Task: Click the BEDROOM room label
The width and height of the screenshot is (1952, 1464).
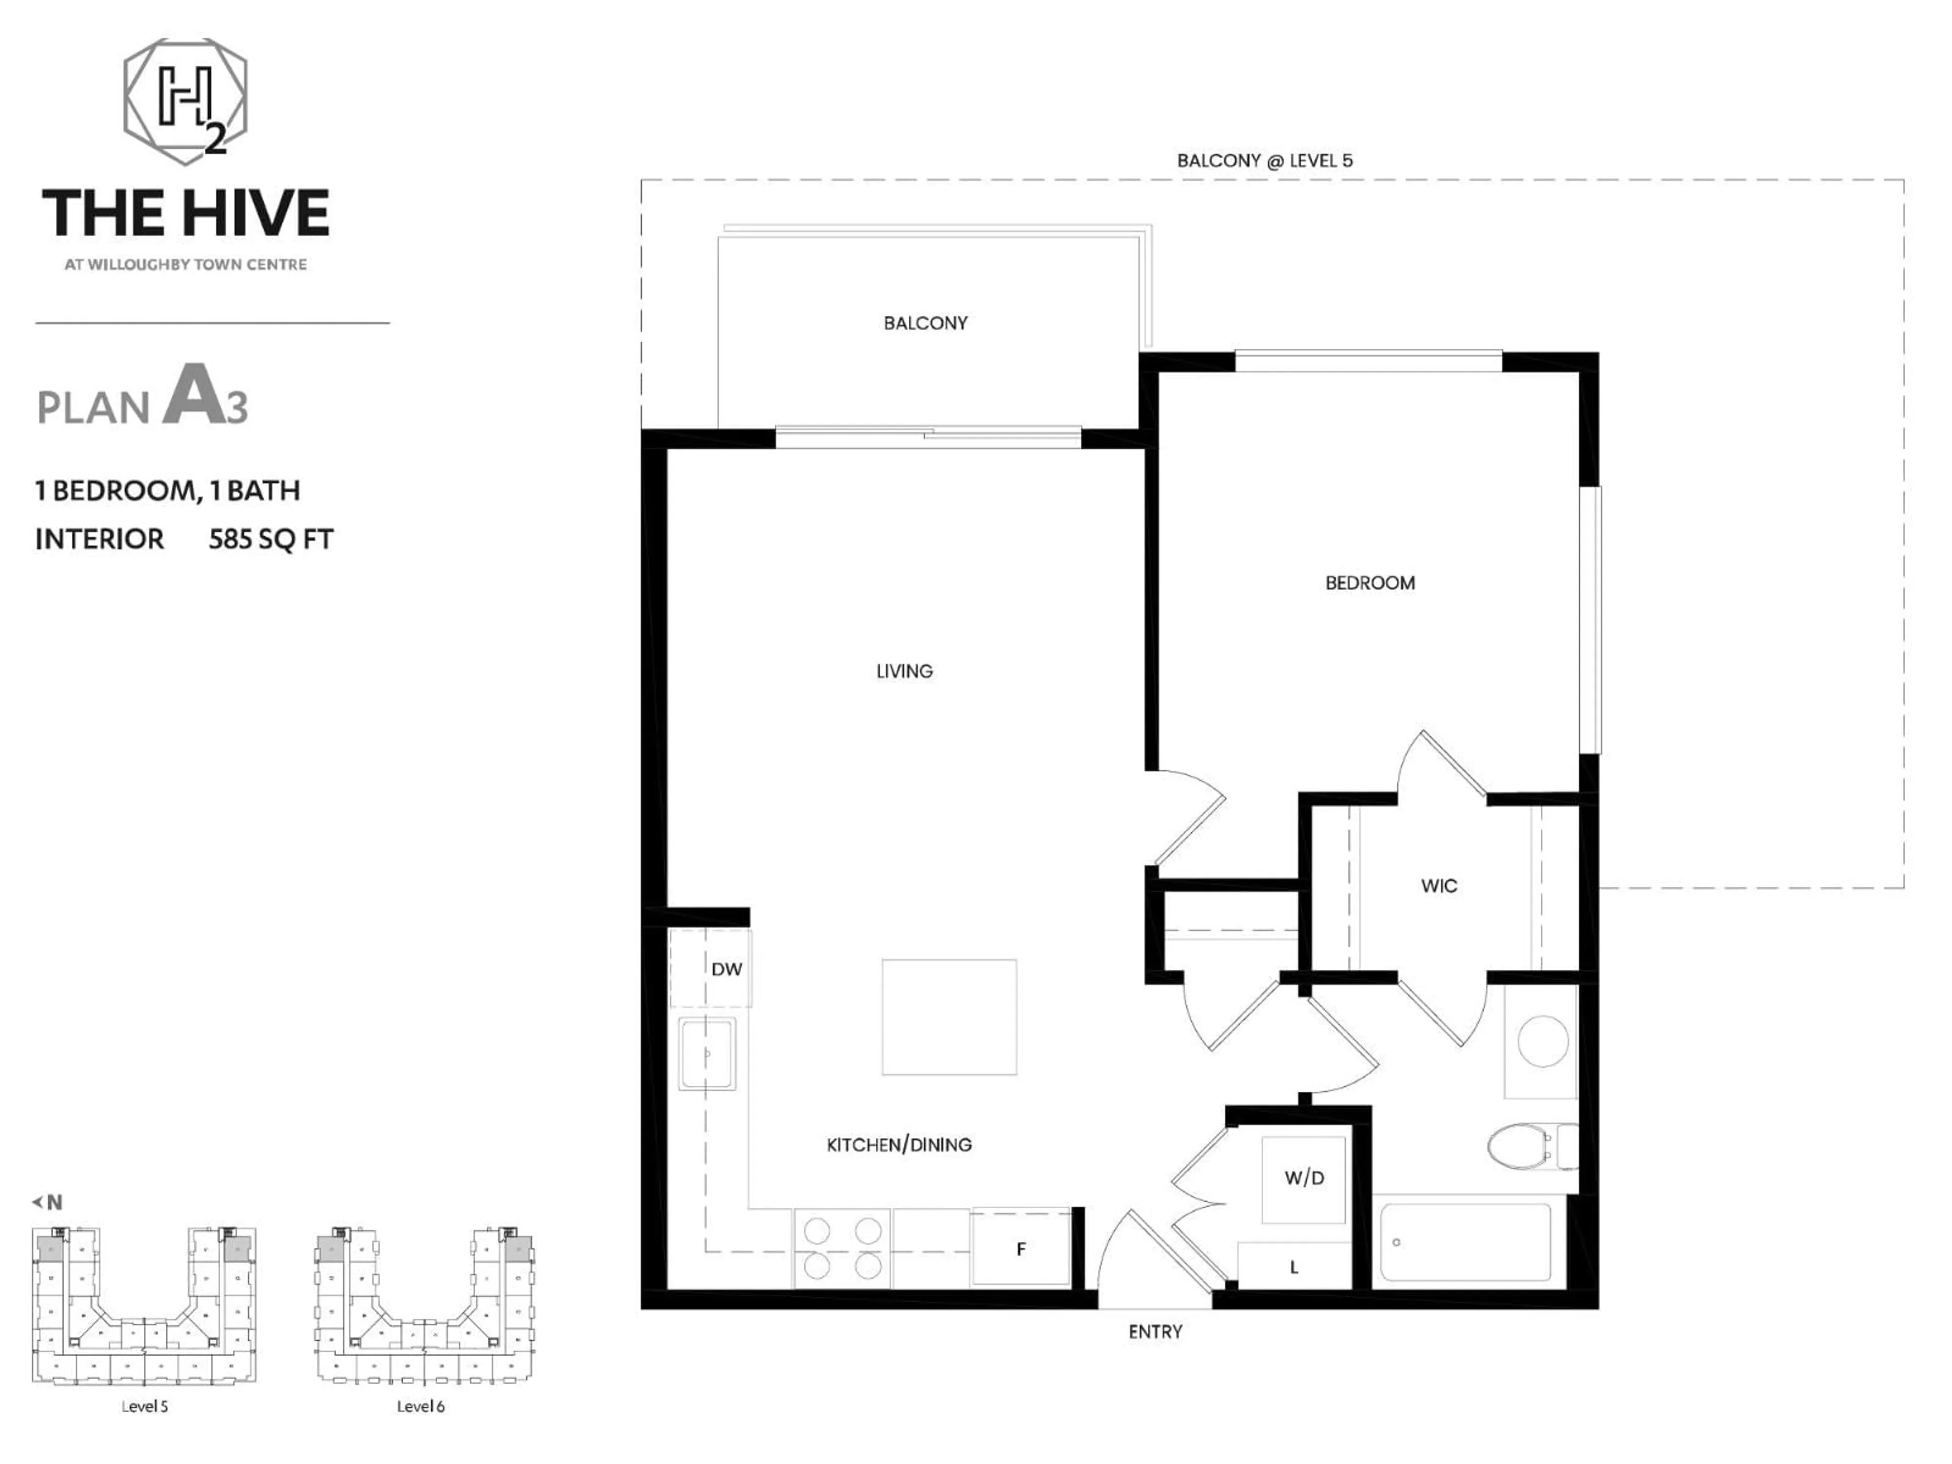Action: click(1369, 583)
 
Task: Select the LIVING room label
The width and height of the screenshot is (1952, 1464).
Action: click(904, 670)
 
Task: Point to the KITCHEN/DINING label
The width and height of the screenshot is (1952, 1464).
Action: click(898, 1145)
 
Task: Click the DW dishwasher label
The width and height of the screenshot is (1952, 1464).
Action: click(726, 969)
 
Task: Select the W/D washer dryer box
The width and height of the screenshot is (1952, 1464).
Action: click(1303, 1179)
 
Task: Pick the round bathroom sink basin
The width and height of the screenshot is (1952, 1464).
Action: click(1543, 1041)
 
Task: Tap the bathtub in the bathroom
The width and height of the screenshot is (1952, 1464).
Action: click(1465, 1242)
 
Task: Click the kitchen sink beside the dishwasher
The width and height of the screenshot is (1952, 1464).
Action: click(707, 1054)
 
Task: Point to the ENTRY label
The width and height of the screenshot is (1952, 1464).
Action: click(1155, 1332)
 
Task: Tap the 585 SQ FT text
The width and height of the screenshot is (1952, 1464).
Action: click(271, 539)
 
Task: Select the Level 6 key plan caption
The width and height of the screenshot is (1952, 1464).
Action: click(420, 1407)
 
